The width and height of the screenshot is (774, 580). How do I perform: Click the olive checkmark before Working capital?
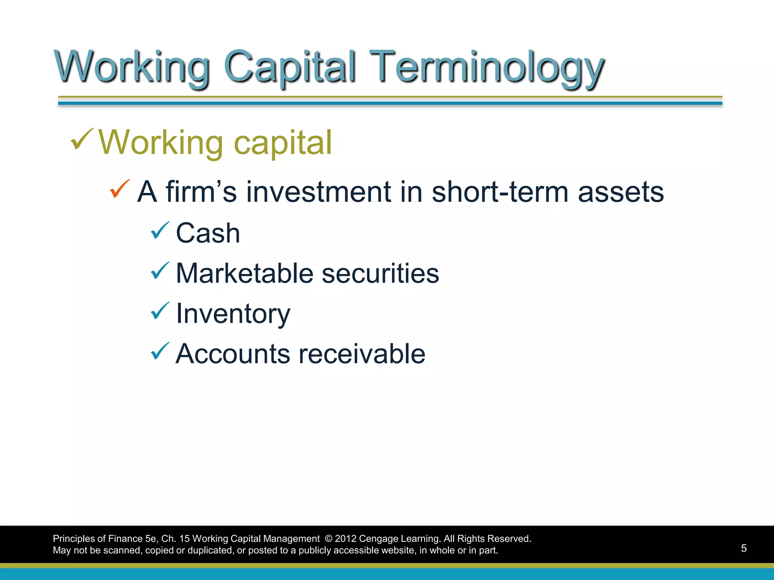82,139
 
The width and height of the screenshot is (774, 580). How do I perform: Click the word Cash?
208,233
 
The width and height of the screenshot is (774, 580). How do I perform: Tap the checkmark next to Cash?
160,230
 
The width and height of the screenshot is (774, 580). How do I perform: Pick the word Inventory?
233,313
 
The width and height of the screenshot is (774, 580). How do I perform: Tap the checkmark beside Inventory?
160,311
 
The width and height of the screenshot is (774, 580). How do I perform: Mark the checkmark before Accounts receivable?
160,351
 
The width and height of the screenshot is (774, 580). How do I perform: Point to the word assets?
621,192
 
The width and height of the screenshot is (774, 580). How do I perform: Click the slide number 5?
743,548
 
